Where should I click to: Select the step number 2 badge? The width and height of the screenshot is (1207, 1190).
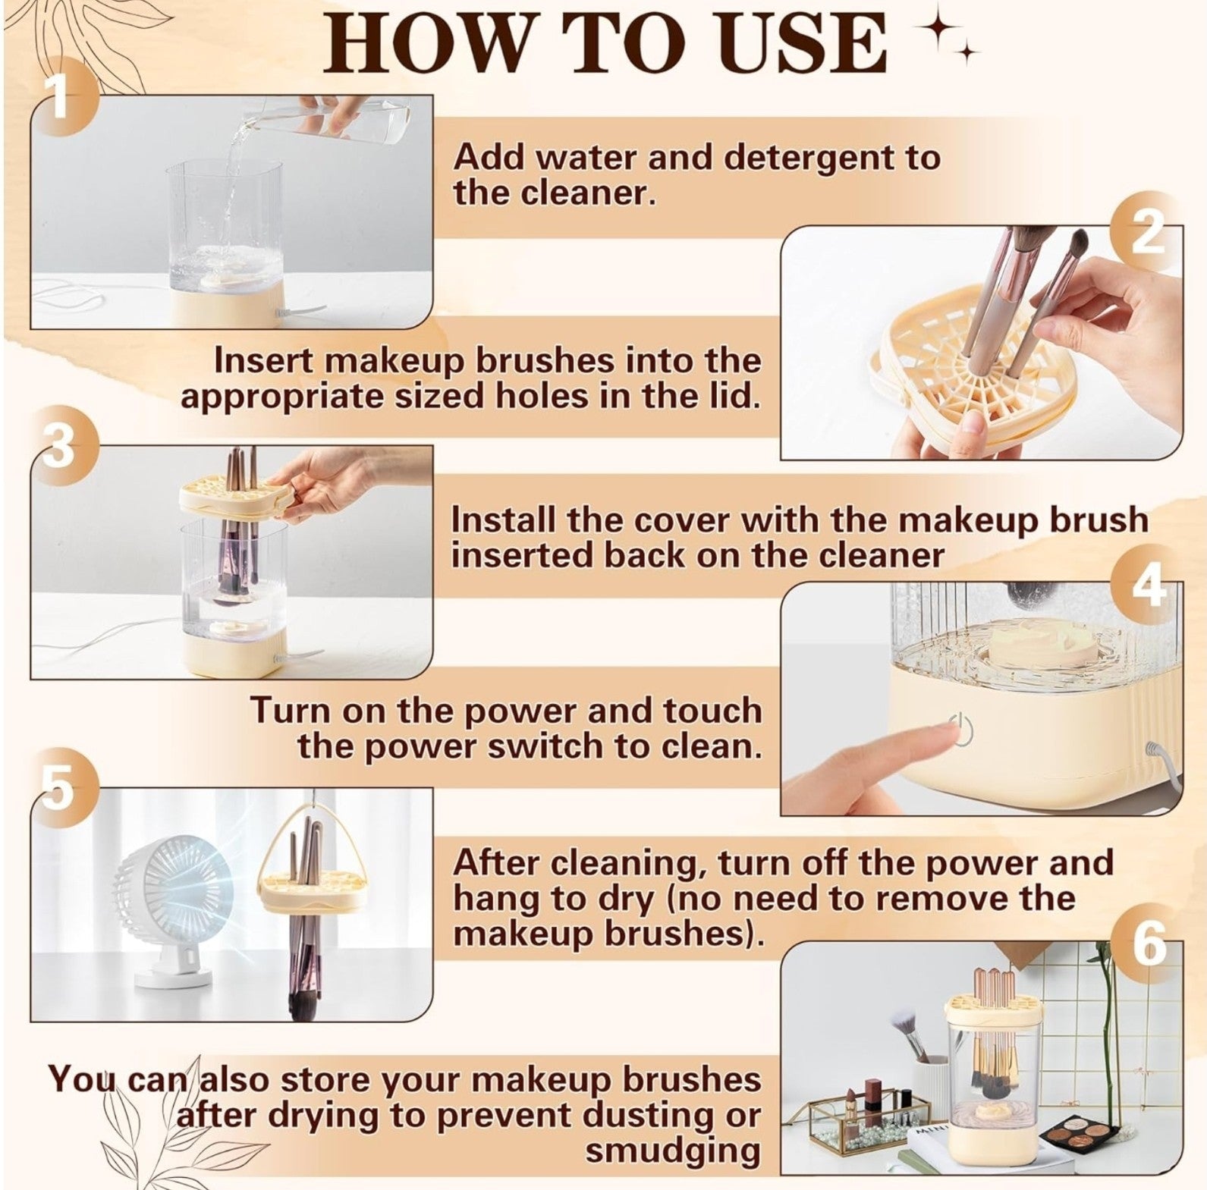pyautogui.click(x=1146, y=232)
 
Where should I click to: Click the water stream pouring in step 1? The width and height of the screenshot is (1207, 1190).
pyautogui.click(x=231, y=197)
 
